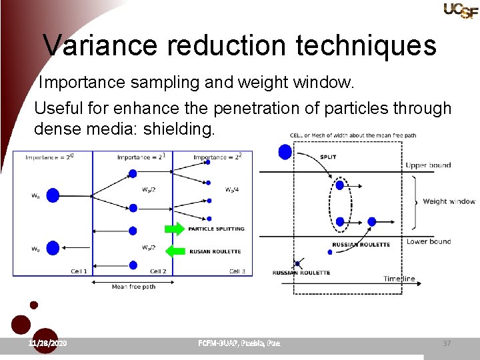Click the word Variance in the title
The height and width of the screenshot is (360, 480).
click(100, 45)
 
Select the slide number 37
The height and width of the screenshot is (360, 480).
click(447, 343)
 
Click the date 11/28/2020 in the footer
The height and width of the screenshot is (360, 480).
click(47, 343)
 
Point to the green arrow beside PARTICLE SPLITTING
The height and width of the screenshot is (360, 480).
click(174, 229)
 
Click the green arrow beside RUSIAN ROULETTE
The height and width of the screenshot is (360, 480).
click(174, 251)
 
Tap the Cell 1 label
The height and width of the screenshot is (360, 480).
click(79, 271)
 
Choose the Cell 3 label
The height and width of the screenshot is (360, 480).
click(237, 271)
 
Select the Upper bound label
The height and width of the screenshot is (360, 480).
click(428, 165)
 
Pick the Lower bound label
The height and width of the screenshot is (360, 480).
click(429, 241)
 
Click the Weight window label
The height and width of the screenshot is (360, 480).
click(449, 201)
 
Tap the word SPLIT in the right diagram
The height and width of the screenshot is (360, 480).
click(328, 157)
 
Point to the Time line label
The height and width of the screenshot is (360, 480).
click(399, 279)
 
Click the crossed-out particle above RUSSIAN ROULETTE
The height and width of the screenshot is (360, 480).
click(296, 263)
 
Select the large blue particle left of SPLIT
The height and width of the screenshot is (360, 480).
click(285, 152)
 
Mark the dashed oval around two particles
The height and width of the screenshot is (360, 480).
click(339, 203)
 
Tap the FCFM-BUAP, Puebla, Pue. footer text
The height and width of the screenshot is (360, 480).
click(239, 343)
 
